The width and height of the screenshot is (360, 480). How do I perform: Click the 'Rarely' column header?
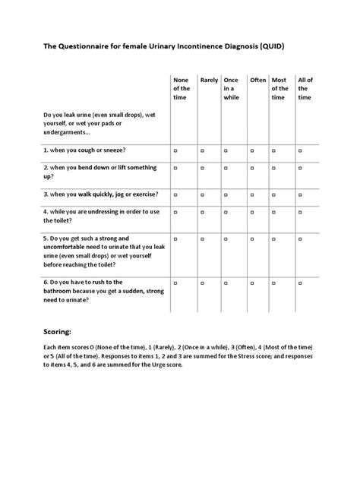(209, 80)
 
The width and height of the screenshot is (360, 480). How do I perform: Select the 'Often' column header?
(258, 80)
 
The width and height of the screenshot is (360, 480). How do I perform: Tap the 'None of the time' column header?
(182, 88)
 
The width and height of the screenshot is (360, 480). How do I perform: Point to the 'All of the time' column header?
(305, 88)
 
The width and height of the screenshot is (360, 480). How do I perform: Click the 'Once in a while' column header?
(232, 88)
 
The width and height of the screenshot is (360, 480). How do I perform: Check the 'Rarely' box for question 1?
(203, 151)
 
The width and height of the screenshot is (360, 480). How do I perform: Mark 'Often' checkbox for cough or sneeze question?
(253, 151)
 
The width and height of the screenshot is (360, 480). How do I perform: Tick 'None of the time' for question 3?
(176, 194)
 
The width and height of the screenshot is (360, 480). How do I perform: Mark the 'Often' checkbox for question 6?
(253, 282)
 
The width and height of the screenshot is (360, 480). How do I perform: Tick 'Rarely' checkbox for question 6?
(203, 282)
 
